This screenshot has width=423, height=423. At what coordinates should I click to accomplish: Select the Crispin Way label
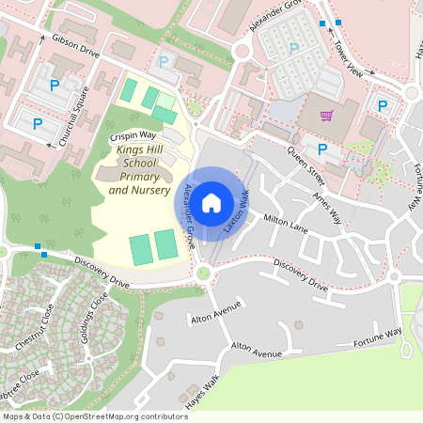pyautogui.click(x=133, y=135)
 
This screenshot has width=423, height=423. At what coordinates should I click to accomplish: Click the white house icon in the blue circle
pyautogui.click(x=211, y=201)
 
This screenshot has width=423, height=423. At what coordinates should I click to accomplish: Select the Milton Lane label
pyautogui.click(x=286, y=222)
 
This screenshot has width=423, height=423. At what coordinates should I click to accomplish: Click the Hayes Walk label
pyautogui.click(x=202, y=391)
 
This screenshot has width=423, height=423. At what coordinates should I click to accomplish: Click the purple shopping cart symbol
pyautogui.click(x=326, y=117)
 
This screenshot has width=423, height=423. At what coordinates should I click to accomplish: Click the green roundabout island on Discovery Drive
pyautogui.click(x=203, y=274)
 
